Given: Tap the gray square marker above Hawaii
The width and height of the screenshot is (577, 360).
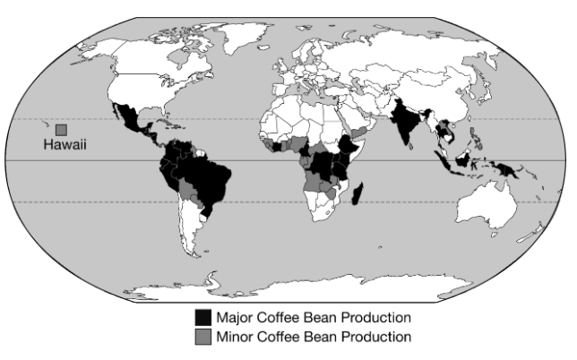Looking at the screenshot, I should click(62, 129).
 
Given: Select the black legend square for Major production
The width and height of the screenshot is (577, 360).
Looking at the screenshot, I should click(204, 318).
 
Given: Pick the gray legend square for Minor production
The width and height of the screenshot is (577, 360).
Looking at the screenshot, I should click(204, 337).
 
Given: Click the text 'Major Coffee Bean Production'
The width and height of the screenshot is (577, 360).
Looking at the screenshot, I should click(314, 318).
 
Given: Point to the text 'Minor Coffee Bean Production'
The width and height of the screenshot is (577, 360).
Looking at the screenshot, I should click(314, 337).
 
